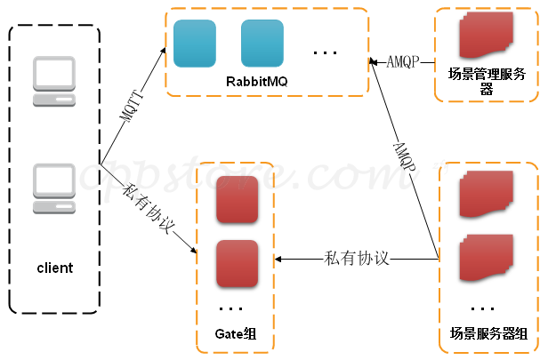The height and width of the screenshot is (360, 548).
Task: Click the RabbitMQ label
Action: point(257,83)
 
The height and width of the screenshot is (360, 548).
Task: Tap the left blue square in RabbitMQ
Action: point(195,43)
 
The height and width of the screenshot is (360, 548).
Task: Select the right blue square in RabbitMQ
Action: point(262,43)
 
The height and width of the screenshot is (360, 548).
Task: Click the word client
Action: point(54,268)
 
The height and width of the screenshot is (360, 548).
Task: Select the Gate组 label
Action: point(236,334)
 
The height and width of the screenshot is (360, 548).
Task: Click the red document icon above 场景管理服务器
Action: point(487,36)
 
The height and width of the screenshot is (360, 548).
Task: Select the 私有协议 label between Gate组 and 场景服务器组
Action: point(358,259)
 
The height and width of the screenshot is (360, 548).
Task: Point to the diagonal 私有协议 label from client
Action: point(150,210)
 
